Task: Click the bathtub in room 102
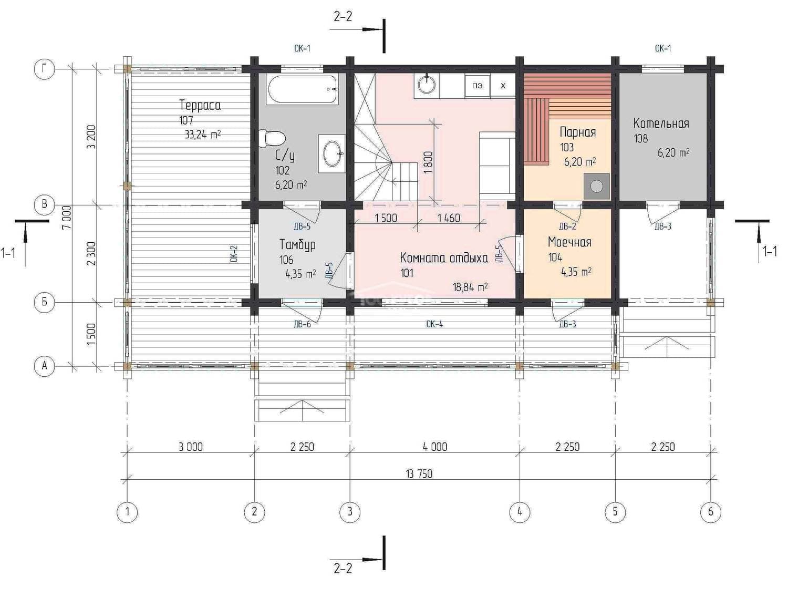pyautogui.click(x=302, y=89)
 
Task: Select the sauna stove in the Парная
pyautogui.click(x=597, y=187)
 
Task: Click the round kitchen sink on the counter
pyautogui.click(x=427, y=85)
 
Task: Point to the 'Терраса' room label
pyautogui.click(x=200, y=105)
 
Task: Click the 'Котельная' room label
pyautogui.click(x=661, y=123)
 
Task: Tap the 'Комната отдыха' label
pyautogui.click(x=444, y=257)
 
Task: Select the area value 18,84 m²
pyautogui.click(x=470, y=287)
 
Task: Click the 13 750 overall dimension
pyautogui.click(x=419, y=474)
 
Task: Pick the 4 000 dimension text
pyautogui.click(x=435, y=447)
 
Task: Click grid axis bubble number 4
pyautogui.click(x=520, y=512)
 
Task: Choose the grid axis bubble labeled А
pyautogui.click(x=45, y=366)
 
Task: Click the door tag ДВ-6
pyautogui.click(x=302, y=324)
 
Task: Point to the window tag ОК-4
pyautogui.click(x=434, y=324)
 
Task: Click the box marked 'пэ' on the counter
pyautogui.click(x=478, y=86)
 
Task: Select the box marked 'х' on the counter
pyautogui.click(x=503, y=86)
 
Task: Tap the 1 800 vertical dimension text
pyautogui.click(x=428, y=162)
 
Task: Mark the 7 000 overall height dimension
pyautogui.click(x=67, y=217)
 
